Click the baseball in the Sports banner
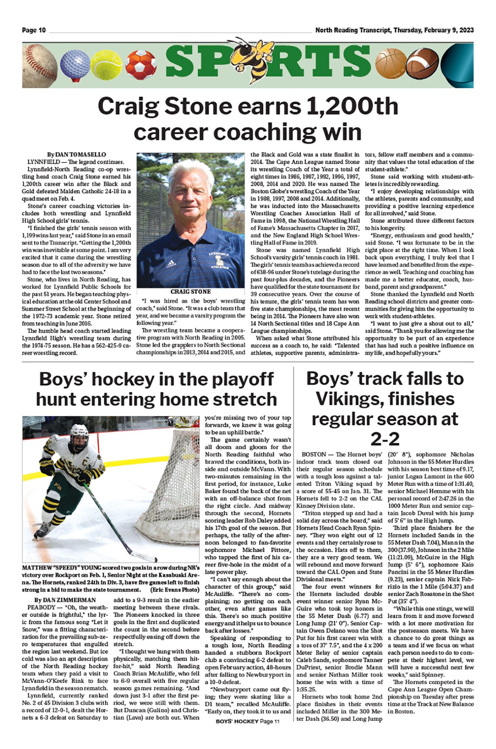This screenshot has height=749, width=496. [39, 65]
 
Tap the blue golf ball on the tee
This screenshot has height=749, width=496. [75, 63]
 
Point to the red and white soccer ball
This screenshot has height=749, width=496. [141, 65]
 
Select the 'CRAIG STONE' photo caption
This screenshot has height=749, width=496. [191, 291]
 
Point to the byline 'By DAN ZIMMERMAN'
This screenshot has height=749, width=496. [65, 600]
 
